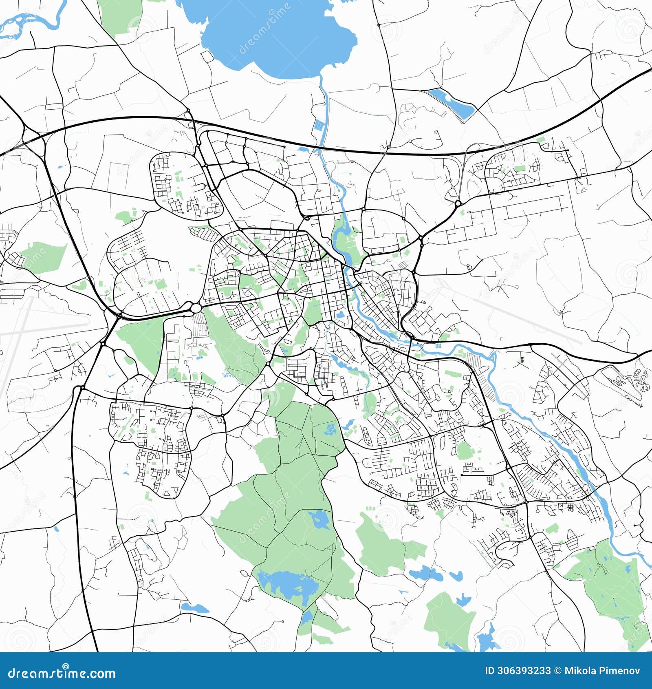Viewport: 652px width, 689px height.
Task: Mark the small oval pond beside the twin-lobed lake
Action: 456,576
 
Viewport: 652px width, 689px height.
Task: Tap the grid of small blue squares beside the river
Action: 438,347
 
